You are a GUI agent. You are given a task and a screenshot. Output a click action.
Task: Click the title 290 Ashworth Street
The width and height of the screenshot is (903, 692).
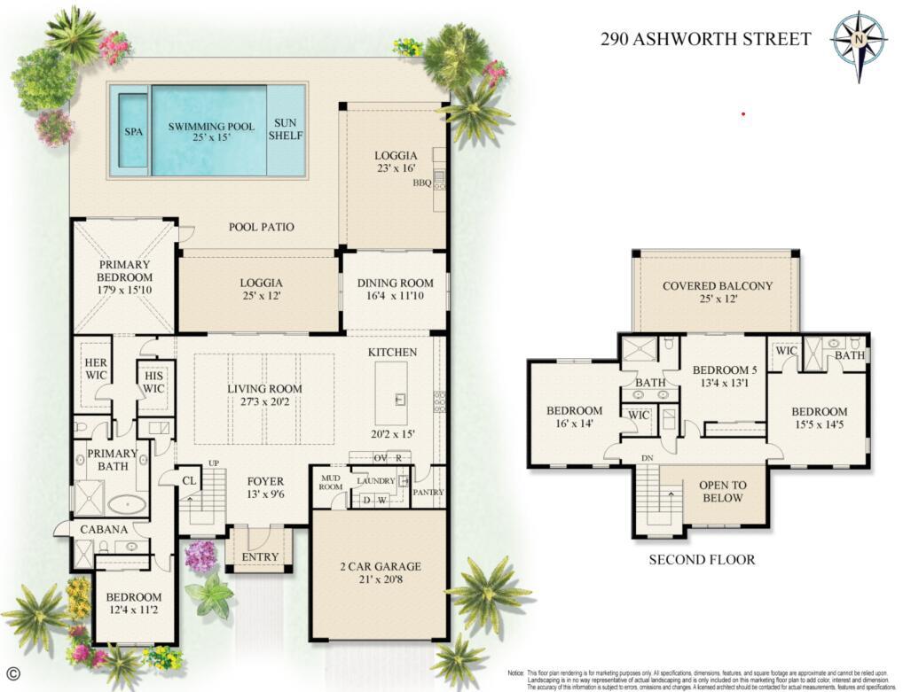pyautogui.click(x=705, y=39)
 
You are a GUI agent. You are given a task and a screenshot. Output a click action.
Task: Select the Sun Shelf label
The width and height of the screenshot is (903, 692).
pyautogui.click(x=286, y=129)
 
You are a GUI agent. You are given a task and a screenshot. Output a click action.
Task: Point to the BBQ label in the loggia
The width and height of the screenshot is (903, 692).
pyautogui.click(x=421, y=183)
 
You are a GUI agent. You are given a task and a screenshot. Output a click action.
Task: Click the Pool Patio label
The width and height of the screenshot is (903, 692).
pyautogui.click(x=261, y=227)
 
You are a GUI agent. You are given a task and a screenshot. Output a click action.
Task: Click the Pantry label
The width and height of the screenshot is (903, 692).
pyautogui.click(x=428, y=493)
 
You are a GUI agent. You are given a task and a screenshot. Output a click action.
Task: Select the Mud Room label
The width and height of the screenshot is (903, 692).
pyautogui.click(x=330, y=483)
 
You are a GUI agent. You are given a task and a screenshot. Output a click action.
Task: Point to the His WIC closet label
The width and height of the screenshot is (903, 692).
pyautogui.click(x=154, y=382)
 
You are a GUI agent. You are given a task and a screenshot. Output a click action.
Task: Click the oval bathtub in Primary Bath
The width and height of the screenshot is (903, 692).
pyautogui.click(x=128, y=504)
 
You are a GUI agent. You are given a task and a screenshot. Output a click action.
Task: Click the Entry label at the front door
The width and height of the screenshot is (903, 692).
pyautogui.click(x=260, y=557)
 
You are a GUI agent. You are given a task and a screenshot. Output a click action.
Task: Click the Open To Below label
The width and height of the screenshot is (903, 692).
pyautogui.click(x=722, y=492)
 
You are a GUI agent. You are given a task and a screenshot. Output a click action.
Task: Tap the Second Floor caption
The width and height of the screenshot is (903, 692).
pyautogui.click(x=702, y=559)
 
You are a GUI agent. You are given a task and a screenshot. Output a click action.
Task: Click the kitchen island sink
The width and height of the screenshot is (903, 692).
pyautogui.click(x=398, y=400)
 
